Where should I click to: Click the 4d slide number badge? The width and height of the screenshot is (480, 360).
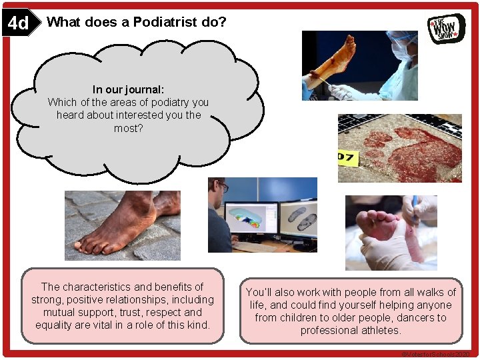click(x=19, y=24)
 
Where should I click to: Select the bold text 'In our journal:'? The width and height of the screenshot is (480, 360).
click(x=128, y=89)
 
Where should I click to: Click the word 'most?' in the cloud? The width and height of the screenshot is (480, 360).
click(x=128, y=127)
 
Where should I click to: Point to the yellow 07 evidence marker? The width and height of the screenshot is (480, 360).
click(x=347, y=158)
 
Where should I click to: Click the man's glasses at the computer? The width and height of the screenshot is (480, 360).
click(x=223, y=189)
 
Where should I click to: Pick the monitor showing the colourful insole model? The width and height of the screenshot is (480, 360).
click(x=251, y=218)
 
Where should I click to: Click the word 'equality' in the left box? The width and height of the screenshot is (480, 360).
click(x=55, y=325)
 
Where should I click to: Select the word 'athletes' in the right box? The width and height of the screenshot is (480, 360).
click(x=380, y=330)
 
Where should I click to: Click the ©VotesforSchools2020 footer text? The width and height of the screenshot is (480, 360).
click(x=435, y=354)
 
